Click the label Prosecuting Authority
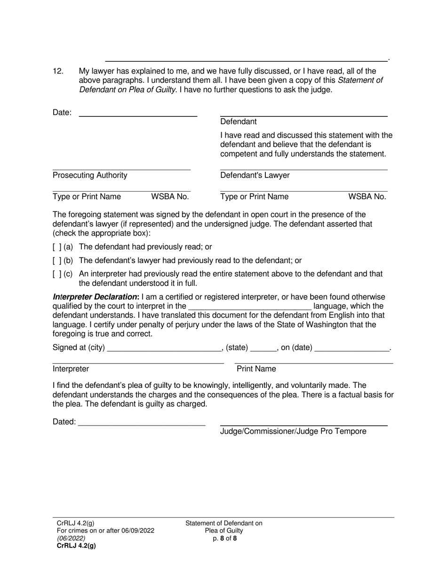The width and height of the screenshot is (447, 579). tap(90, 176)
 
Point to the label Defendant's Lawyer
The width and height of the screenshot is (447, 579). tap(255, 176)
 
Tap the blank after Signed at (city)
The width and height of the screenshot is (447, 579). tap(164, 348)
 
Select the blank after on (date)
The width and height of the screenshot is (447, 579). tap(352, 348)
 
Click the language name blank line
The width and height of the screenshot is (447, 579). tap(249, 306)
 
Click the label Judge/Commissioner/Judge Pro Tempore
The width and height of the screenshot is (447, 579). tap(293, 431)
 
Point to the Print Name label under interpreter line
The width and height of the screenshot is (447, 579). tap(256, 369)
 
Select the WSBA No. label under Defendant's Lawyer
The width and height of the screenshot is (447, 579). tap(367, 197)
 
